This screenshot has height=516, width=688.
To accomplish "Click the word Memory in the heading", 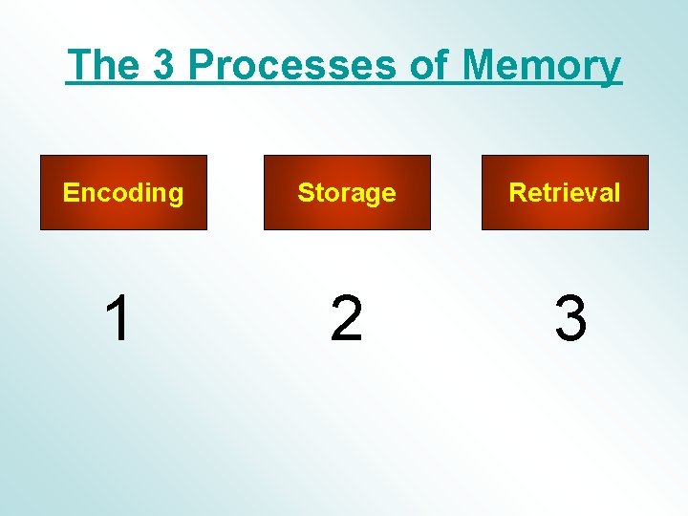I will pos(541,67).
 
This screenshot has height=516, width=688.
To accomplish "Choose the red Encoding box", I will pos(123,193).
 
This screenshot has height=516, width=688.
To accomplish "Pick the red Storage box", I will pos(347,193).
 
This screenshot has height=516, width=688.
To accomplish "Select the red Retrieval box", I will pos(565,193).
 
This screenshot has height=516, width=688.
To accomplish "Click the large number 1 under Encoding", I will pos(118,318).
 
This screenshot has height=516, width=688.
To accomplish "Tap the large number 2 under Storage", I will pos(346,319).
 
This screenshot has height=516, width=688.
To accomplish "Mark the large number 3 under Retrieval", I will pos(570,319).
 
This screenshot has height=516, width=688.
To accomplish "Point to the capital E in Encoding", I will pos(70,193).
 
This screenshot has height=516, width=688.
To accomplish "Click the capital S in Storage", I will pos(305,193).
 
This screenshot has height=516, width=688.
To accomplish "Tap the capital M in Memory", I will pos(483,66).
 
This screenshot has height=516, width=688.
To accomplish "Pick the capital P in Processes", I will pos(202,66).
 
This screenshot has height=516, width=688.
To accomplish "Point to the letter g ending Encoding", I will pos(175,196).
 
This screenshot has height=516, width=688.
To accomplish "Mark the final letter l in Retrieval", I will pos(617,193).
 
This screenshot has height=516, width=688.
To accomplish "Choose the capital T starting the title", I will pos(80,66).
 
